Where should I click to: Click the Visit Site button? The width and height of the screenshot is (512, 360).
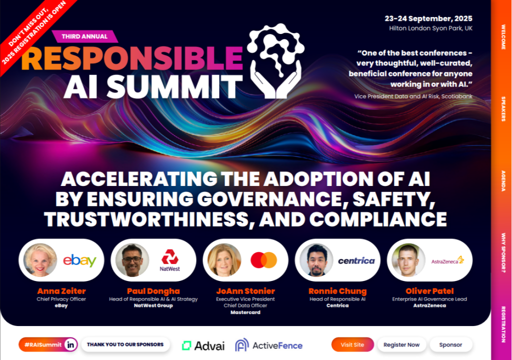coord(352,344)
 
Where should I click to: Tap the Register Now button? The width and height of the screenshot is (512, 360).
coord(401,344)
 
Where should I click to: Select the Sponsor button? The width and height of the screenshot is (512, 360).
coord(450,344)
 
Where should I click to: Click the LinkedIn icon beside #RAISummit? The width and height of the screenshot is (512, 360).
coord(70,344)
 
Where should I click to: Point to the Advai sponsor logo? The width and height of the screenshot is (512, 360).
coord(203,345)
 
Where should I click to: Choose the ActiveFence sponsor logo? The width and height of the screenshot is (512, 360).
coord(268,345)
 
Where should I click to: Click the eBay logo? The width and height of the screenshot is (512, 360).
coord(79,260)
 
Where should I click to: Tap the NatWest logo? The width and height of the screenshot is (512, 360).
coord(170,260)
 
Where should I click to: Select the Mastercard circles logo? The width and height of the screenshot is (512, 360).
coord(264,260)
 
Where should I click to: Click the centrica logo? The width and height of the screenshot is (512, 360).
coord(356,260)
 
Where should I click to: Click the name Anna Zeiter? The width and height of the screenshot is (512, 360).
coord(61,291)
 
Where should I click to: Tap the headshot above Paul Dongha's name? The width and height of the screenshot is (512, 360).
coord(132,260)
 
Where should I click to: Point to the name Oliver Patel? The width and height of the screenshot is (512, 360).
coord(429,291)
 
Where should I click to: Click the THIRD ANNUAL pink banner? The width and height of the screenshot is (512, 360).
coord(85,36)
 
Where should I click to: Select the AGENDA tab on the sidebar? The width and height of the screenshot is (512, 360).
coord(503,180)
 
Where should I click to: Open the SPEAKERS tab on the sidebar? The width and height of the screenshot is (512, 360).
coord(503,109)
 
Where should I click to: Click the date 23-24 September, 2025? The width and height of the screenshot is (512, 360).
coord(428,18)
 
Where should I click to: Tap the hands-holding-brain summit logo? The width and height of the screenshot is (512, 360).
coord(276,61)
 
